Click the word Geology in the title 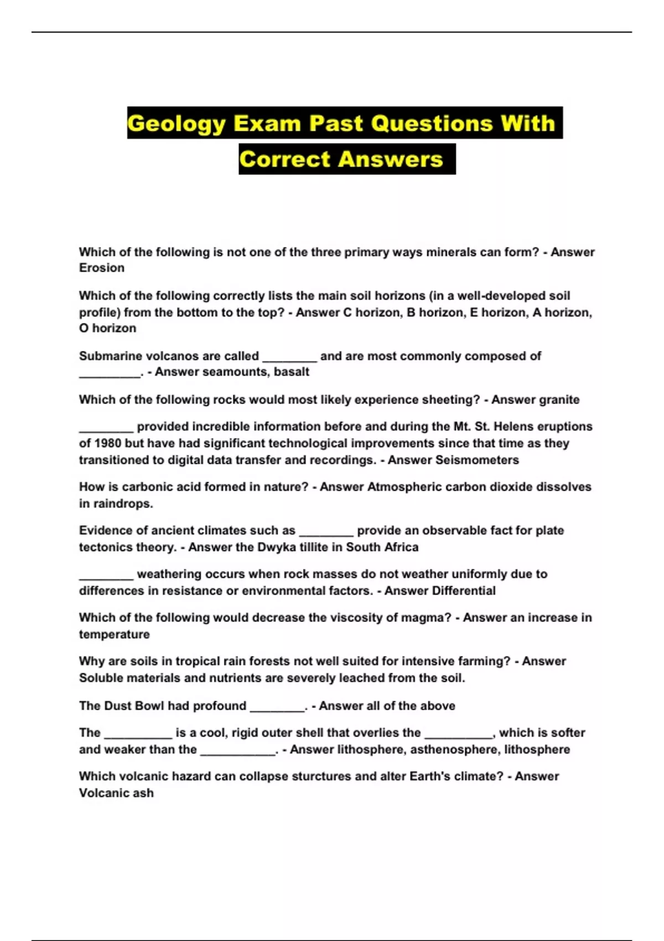[x=176, y=123]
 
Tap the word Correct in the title [x=284, y=159]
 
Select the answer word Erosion [x=102, y=268]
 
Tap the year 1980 [x=107, y=443]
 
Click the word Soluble [x=101, y=678]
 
